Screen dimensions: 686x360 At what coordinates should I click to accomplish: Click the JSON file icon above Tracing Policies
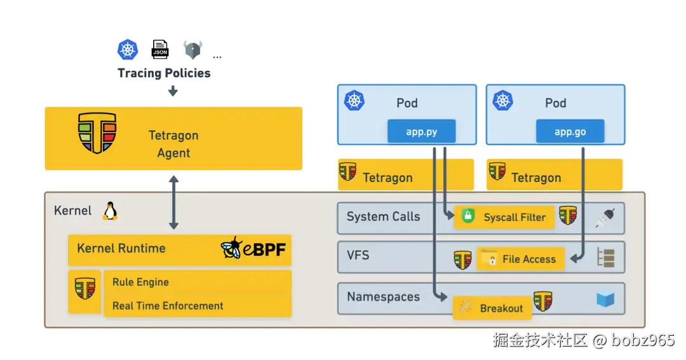pos(159,49)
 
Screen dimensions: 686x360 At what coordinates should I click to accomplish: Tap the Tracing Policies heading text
pos(164,73)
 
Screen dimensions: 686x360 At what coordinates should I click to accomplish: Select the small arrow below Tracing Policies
pos(173,91)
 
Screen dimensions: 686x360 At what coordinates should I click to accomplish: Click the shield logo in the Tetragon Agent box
pos(97,133)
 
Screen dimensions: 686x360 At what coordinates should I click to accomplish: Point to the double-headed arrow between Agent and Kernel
pos(173,202)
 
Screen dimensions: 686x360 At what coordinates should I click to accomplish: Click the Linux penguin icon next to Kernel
pos(111,211)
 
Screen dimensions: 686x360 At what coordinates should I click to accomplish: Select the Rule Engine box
pos(198,282)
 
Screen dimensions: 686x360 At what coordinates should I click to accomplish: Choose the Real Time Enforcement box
pos(198,306)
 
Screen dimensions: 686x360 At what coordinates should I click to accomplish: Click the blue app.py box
pos(421,131)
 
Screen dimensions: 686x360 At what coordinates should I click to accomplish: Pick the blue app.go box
pos(570,131)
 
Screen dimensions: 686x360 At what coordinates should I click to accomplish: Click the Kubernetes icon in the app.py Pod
pos(354,100)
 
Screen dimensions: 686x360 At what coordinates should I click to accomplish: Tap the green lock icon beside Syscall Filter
pos(468,216)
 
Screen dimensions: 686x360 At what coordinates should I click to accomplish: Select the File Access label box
pos(521,258)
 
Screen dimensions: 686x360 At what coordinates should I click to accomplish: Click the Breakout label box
pos(492,308)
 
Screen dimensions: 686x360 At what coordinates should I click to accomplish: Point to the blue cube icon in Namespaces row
pos(605,299)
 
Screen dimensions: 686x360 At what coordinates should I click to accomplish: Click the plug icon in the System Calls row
pos(605,218)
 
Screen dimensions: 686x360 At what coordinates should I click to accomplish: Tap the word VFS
pos(358,255)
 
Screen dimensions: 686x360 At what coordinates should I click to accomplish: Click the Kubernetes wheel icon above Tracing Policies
pos(128,50)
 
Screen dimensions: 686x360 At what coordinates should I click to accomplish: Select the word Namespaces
pos(383,297)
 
